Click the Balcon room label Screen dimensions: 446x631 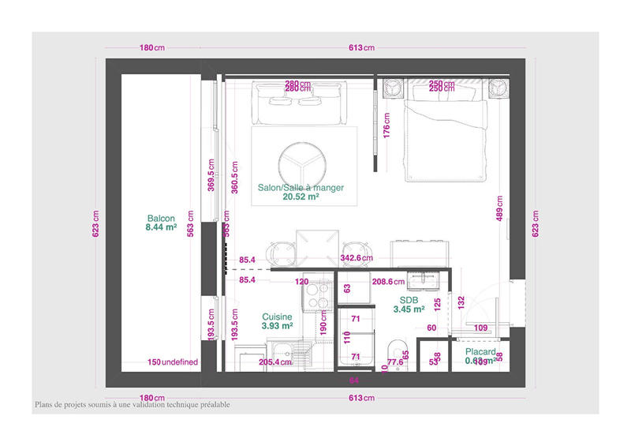coord(161,218)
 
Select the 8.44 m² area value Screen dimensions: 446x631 coord(161,227)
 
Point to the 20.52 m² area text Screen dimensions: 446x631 coord(301,198)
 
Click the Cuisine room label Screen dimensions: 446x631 coord(277,317)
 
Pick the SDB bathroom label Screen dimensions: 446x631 coord(409,301)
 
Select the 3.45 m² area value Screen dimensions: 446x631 coord(409,310)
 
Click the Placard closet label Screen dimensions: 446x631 coord(480,352)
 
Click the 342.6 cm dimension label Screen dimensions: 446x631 coord(356,258)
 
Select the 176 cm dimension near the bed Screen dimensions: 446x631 coord(386,126)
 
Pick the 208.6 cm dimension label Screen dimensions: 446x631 coord(388,281)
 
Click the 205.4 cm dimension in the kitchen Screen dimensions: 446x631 coord(276,362)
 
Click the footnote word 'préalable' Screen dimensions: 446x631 coord(210,405)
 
